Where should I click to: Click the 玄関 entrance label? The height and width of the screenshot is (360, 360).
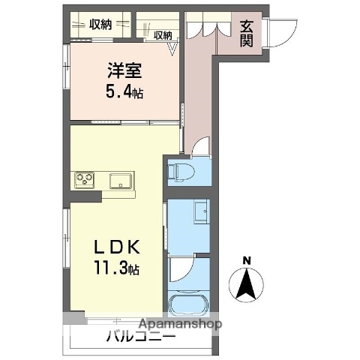point(247,33)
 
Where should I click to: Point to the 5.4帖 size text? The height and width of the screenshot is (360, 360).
point(124,94)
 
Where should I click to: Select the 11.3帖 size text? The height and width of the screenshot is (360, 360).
point(114,268)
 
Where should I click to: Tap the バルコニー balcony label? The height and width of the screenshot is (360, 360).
point(140,337)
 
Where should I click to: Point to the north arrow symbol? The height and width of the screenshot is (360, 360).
point(247,286)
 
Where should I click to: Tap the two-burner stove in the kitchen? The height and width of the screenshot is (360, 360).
point(83,180)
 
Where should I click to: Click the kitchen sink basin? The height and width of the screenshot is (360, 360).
point(120,181)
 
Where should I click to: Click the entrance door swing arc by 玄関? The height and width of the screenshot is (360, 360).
point(279,34)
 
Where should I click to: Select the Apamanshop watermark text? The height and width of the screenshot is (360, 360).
point(178,325)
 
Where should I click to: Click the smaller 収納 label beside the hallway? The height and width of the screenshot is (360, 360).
point(163,34)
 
